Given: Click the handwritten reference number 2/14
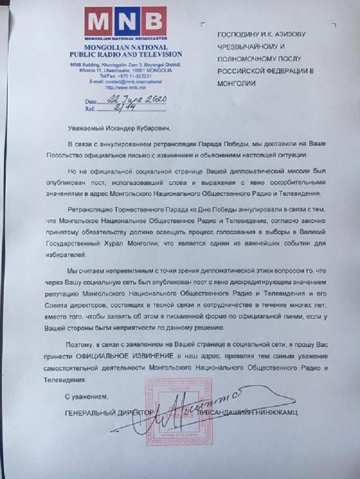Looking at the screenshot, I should pyautogui.click(x=111, y=108).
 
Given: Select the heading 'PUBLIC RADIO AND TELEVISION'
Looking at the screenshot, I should pyautogui.click(x=126, y=54).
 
